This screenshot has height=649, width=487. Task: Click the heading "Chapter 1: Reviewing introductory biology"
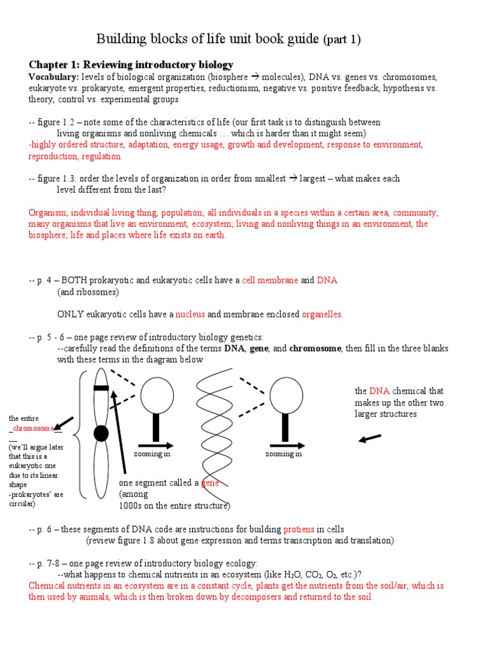point(131,65)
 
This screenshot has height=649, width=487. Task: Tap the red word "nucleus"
point(190,314)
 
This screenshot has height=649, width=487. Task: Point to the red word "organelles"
point(321,314)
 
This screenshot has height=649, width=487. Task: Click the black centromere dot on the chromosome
point(100,434)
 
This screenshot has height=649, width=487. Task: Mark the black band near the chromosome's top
point(101,388)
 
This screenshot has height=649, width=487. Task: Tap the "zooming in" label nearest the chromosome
point(152,454)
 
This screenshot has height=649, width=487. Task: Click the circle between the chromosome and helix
point(157,395)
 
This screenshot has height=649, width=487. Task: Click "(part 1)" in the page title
point(342,40)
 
